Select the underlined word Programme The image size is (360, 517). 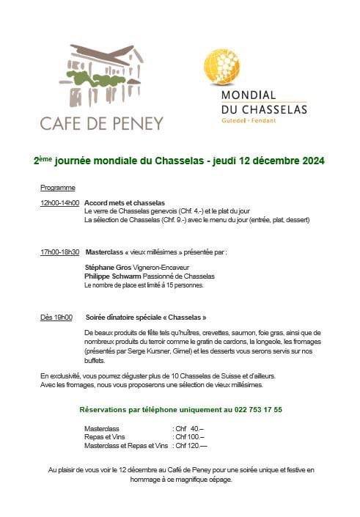58,188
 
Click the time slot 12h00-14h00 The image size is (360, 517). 59,202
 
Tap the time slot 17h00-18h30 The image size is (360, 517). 60,252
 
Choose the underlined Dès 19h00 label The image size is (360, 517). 56,318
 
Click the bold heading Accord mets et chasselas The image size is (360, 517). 125,202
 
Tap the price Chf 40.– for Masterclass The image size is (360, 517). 188,428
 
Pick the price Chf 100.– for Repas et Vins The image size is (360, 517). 189,436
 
